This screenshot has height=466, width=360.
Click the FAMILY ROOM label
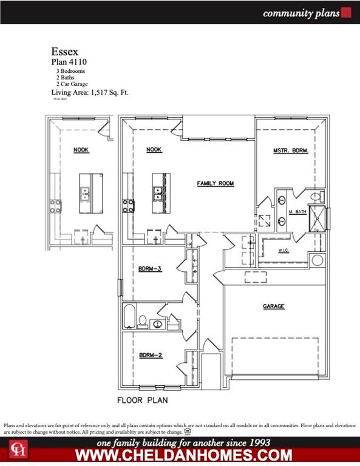point(215,183)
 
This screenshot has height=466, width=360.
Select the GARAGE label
point(273,306)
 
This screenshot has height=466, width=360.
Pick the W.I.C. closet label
point(283,249)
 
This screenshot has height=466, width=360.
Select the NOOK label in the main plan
point(154,150)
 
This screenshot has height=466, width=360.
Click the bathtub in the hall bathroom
point(129,316)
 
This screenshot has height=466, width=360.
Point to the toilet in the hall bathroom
point(141,320)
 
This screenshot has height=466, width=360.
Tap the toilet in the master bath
point(315,197)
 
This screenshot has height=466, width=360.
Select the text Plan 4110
point(68,62)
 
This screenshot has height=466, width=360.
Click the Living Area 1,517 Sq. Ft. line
point(89,93)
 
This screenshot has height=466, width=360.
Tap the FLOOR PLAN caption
point(142,400)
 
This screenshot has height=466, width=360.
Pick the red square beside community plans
point(347,12)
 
